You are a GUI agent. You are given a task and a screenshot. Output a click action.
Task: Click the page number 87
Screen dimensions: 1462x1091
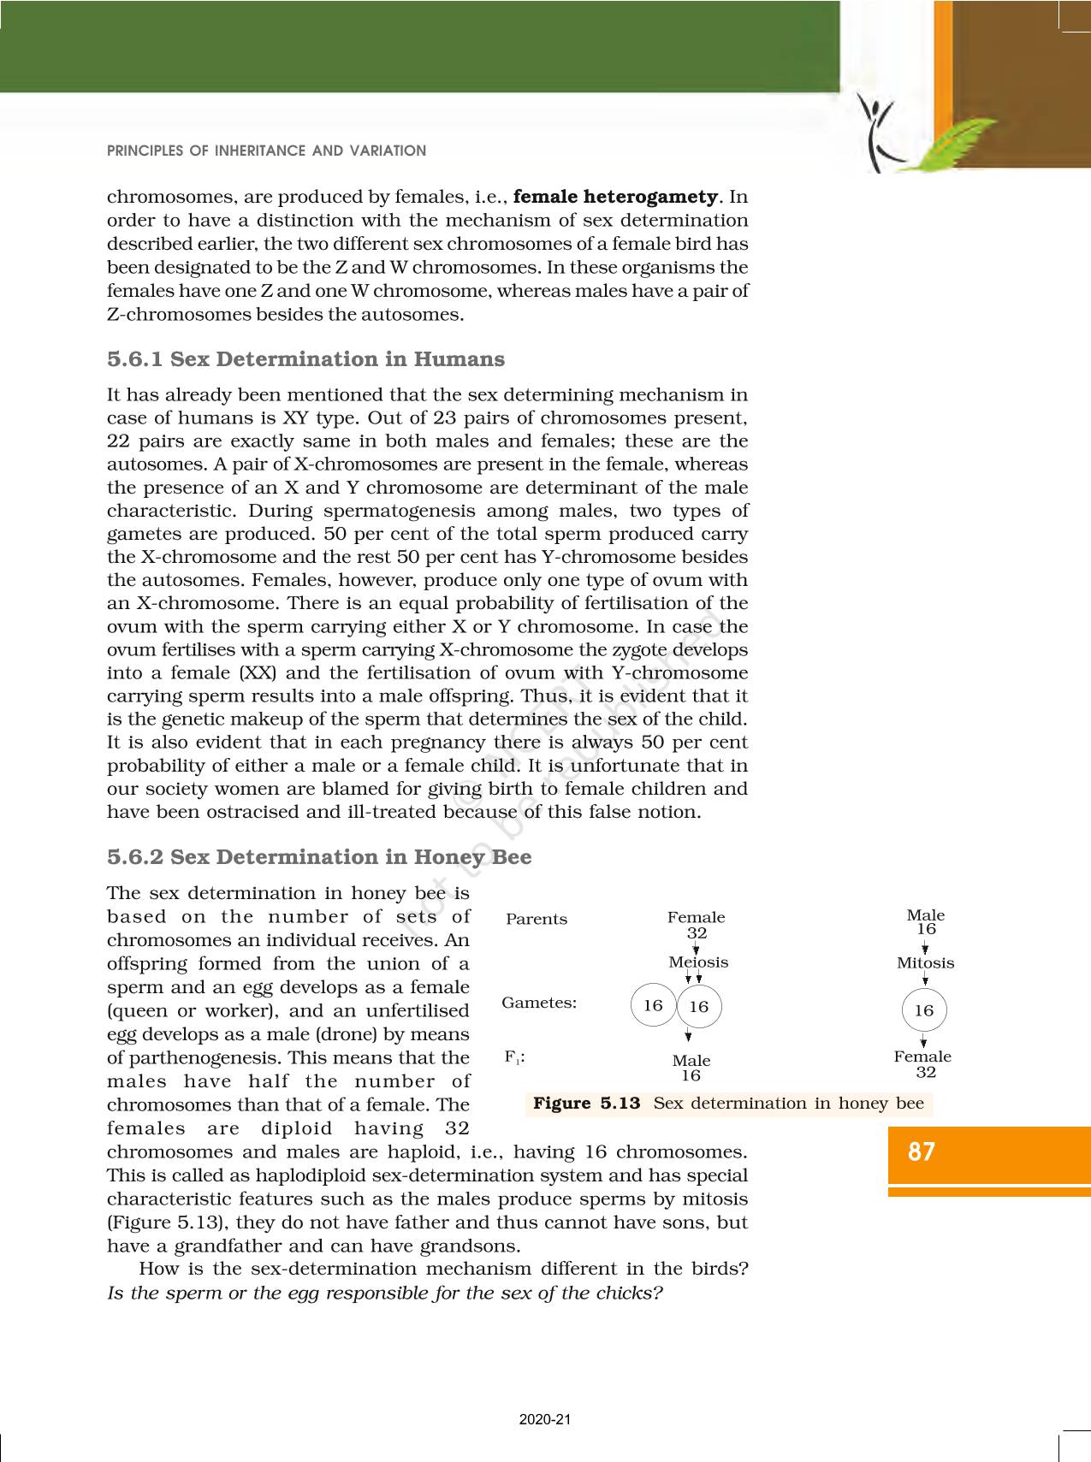(921, 1152)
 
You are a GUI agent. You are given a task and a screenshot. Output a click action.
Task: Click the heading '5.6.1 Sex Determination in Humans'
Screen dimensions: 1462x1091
(305, 359)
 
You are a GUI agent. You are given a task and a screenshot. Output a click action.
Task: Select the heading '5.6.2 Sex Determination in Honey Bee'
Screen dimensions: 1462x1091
(319, 857)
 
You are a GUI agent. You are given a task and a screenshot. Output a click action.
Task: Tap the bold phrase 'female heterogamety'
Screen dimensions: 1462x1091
(615, 197)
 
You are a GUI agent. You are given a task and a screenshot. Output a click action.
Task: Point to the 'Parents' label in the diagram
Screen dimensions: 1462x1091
(537, 920)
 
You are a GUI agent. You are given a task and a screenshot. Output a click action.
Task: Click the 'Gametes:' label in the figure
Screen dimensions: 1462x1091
(539, 1003)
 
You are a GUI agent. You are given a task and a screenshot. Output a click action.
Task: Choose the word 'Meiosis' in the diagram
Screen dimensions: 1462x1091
(698, 962)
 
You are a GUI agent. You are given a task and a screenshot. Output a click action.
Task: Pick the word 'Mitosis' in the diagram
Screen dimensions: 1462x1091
(925, 963)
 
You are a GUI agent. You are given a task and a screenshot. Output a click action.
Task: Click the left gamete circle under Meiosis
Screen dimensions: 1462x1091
(653, 1005)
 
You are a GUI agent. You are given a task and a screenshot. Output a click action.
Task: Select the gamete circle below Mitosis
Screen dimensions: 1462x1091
(924, 1010)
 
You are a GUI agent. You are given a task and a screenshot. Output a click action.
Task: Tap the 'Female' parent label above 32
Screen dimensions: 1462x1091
(696, 918)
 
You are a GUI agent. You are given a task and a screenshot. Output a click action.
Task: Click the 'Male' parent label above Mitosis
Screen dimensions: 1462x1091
(925, 915)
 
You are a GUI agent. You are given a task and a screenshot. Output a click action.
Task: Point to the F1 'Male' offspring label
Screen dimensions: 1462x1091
(691, 1061)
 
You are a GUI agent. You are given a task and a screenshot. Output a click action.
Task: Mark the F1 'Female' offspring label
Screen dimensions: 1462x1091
(922, 1057)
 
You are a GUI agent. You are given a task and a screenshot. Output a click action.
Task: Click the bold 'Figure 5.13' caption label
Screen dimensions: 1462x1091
(586, 1104)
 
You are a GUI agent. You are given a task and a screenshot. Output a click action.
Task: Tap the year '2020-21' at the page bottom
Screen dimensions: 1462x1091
(544, 1420)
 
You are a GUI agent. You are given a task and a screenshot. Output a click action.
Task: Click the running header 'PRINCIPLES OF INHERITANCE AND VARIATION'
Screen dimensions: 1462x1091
(266, 151)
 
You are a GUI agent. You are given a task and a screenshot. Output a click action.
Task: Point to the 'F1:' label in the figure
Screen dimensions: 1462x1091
(514, 1057)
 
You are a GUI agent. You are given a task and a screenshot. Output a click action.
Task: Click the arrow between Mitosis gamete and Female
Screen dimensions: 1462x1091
(924, 1040)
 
